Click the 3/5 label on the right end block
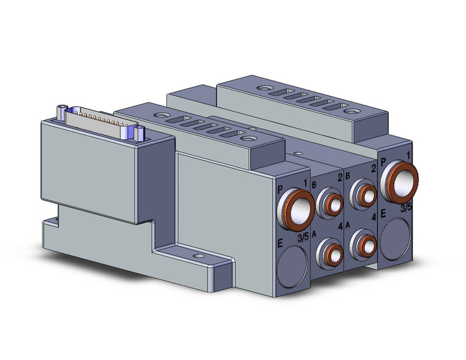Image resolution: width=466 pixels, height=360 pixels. (406, 209)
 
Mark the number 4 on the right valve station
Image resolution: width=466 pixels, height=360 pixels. (373, 218)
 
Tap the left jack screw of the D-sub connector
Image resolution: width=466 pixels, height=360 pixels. (61, 112)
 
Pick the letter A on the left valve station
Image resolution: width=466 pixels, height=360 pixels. (314, 234)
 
